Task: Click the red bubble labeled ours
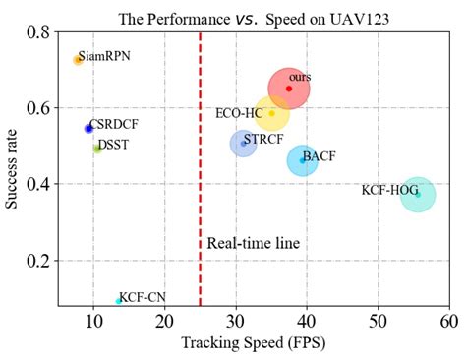[x=288, y=89]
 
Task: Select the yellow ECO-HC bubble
[x=271, y=113]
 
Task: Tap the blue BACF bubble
[x=303, y=159]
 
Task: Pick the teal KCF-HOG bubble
[x=418, y=194]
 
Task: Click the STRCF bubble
[x=243, y=144]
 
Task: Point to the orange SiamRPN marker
[x=78, y=60]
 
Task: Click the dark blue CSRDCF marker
[x=88, y=128]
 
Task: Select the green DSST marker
[x=96, y=149]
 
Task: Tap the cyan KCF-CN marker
[x=119, y=301]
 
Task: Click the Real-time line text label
[x=253, y=243]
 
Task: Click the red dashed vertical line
[x=201, y=197]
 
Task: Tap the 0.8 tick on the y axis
[x=40, y=31]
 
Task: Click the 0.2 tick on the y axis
[x=40, y=261]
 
